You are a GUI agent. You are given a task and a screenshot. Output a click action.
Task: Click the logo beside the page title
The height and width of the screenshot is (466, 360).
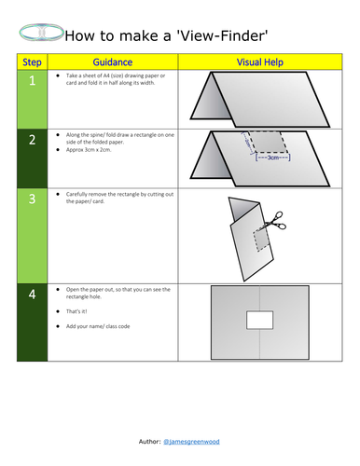(40, 34)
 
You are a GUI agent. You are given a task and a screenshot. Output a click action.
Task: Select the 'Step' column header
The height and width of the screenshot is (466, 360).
(32, 62)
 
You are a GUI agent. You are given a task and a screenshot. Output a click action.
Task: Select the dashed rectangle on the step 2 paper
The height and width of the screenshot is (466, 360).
(268, 143)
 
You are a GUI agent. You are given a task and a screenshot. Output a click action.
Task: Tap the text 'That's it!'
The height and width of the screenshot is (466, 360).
(79, 313)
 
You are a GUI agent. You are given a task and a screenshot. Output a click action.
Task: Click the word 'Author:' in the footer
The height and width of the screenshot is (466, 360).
(146, 438)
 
